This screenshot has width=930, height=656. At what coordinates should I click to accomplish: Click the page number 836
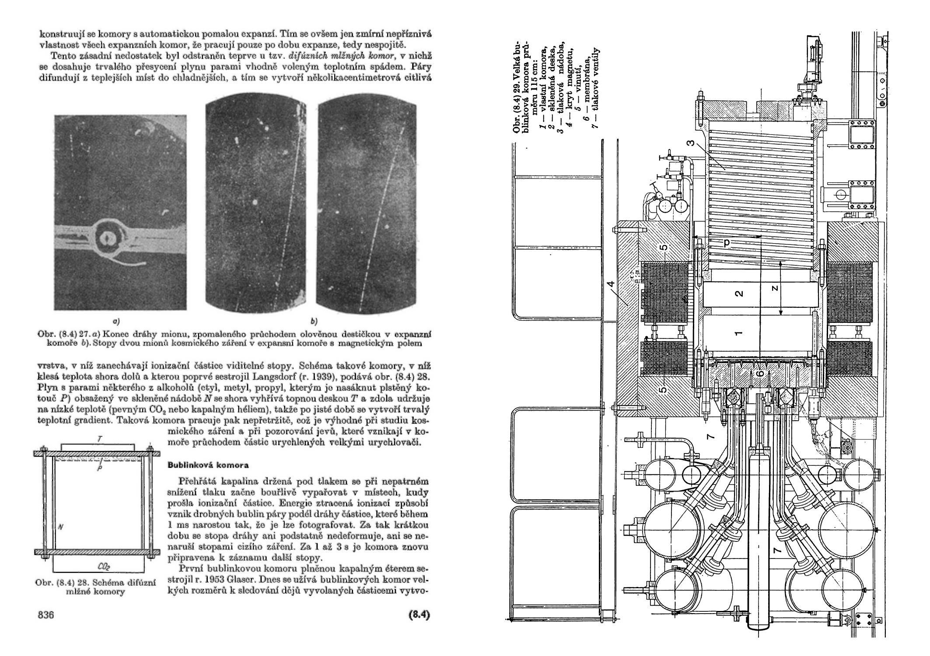(46, 615)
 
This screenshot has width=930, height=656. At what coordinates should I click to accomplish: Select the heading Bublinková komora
(208, 465)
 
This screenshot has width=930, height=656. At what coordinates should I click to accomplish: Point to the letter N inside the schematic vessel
(60, 527)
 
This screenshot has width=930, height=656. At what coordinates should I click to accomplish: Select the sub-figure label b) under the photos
(314, 321)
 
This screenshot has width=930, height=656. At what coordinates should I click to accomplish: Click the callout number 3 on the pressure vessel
(690, 155)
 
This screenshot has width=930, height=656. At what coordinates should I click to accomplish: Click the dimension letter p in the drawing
(727, 244)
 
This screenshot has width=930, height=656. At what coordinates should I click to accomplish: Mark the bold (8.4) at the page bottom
(419, 615)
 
